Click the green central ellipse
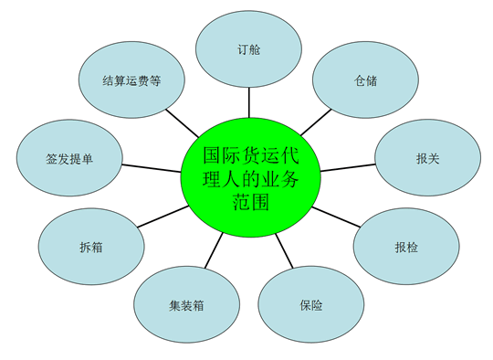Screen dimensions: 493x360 click(x=250, y=177)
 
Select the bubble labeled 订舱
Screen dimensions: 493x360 click(x=248, y=49)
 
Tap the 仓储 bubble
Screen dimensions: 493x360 click(x=365, y=79)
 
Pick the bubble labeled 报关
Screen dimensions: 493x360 click(x=428, y=157)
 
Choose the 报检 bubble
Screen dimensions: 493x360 click(x=406, y=247)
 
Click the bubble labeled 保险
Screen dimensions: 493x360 click(x=311, y=304)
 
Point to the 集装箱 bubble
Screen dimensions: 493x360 click(x=187, y=304)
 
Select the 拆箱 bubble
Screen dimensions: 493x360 click(x=91, y=247)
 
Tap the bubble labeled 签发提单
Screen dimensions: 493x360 click(x=69, y=158)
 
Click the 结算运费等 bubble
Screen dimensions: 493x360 click(x=131, y=79)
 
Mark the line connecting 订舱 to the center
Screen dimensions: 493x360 click(x=249, y=102)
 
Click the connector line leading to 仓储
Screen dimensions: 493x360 click(x=316, y=122)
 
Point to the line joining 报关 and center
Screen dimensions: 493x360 click(x=348, y=168)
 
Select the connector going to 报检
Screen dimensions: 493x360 click(x=336, y=217)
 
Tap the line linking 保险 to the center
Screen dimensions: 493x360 click(x=284, y=250)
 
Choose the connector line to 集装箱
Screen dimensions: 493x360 click(x=214, y=250)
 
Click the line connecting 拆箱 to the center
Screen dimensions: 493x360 click(x=163, y=217)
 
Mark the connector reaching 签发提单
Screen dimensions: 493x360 click(x=152, y=168)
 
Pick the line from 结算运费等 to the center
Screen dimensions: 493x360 click(x=183, y=123)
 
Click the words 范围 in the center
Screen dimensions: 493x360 click(x=250, y=201)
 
